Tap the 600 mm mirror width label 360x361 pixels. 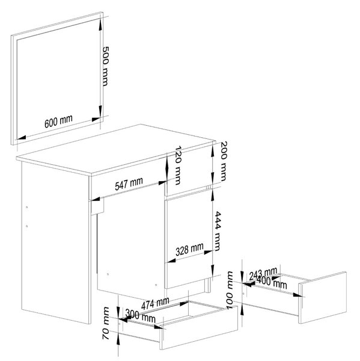58,121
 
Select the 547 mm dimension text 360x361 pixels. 129,184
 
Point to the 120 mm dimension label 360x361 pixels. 178,165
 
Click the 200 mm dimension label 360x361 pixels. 224,161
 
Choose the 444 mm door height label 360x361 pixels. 218,231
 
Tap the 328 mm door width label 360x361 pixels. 189,249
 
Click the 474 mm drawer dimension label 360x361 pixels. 155,303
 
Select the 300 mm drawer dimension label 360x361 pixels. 140,316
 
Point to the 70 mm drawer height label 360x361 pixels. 106,323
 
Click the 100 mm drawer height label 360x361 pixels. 230,291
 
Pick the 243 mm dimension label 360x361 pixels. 263,274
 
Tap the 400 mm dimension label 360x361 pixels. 272,282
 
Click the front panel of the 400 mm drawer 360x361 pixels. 323,297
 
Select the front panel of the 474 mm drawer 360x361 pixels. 199,328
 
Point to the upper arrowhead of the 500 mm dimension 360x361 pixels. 100,25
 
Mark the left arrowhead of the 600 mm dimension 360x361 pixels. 20,137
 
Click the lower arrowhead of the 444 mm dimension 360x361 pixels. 213,270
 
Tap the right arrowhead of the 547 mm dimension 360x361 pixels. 163,183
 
